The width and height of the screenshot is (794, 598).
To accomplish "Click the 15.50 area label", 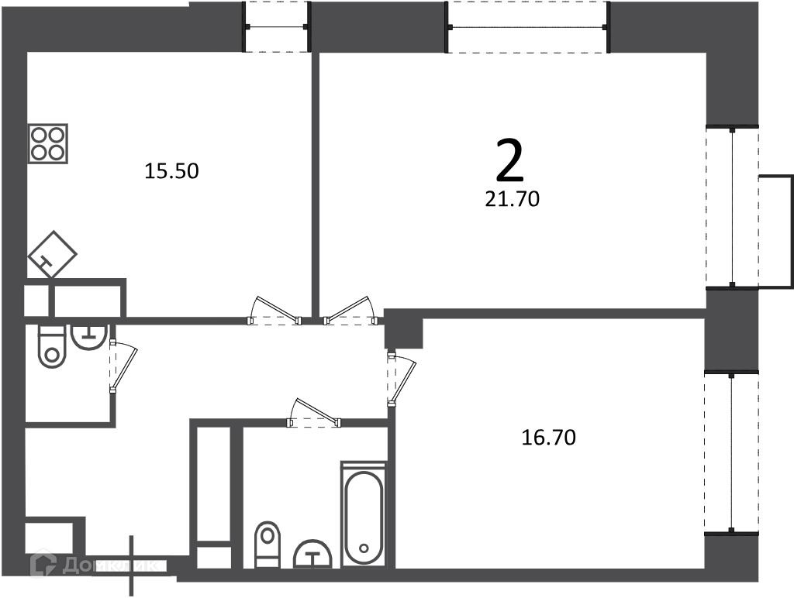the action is [x=171, y=171].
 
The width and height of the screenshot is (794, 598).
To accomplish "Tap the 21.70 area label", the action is [x=512, y=199].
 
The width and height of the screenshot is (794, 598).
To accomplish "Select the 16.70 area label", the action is [x=548, y=437].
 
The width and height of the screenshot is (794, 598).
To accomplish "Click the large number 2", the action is [x=509, y=160].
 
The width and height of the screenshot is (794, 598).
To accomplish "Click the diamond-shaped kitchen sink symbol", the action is [x=52, y=254].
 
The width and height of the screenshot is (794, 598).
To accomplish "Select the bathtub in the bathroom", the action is [x=364, y=514].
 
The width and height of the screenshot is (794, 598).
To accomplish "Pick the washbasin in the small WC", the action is [x=89, y=336].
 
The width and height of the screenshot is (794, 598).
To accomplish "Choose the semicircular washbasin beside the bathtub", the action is [x=312, y=554].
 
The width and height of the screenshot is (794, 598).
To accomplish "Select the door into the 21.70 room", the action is [x=350, y=310].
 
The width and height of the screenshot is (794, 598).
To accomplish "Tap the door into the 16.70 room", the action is [x=401, y=380].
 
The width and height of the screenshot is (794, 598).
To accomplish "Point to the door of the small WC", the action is [x=123, y=366].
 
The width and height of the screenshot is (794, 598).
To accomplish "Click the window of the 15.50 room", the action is [x=277, y=27].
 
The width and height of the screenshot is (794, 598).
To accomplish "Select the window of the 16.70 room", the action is [x=732, y=452].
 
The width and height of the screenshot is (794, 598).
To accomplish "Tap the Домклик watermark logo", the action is [x=94, y=565].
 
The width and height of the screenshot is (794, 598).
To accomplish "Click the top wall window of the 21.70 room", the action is [x=527, y=27].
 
